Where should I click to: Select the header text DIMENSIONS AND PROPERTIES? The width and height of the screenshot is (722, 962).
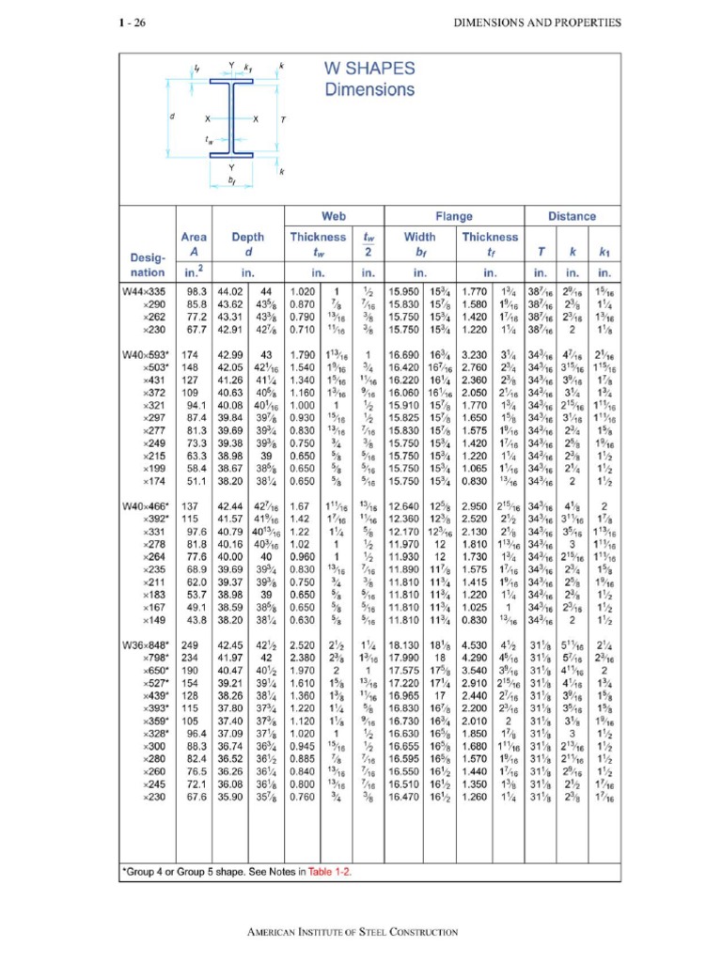pos(539,23)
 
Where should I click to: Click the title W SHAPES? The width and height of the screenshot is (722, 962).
pos(369,70)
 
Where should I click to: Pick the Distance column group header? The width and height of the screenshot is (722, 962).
pos(572,216)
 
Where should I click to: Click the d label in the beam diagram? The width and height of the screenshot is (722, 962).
pos(172,117)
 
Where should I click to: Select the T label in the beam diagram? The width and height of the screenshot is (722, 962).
pos(281,119)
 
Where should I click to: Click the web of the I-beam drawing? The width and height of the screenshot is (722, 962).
pos(230,119)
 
